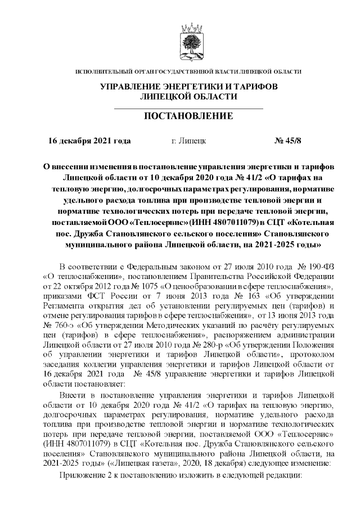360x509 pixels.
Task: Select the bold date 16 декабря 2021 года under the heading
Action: pyautogui.click(x=90, y=141)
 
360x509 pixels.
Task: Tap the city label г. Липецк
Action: pyautogui.click(x=188, y=141)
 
